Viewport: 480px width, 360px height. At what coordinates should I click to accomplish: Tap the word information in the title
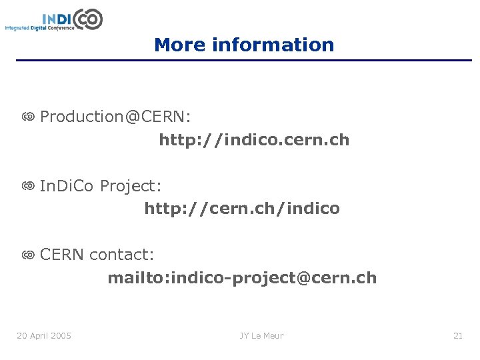pos(273,45)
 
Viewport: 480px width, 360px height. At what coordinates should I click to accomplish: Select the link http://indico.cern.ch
pos(254,140)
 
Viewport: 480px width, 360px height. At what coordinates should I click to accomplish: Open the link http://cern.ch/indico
pos(242,209)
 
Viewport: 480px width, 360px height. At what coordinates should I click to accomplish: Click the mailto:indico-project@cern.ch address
pos(242,277)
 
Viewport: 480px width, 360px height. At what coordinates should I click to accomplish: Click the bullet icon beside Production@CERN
pos(27,117)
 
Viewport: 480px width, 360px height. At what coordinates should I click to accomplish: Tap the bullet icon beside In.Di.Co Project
pos(27,186)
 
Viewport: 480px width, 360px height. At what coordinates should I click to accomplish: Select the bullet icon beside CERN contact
pos(27,255)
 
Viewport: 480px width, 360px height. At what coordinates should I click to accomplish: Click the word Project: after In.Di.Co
pos(131,186)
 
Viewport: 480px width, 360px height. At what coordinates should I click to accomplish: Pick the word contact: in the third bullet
pos(121,255)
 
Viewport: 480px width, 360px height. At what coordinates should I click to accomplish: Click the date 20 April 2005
pos(44,335)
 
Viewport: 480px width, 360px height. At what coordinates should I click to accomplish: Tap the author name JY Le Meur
pos(262,335)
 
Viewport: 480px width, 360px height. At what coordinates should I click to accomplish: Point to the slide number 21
pos(457,335)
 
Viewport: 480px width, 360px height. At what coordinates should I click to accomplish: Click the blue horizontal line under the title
pos(244,61)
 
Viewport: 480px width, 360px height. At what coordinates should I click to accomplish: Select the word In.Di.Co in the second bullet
pos(68,186)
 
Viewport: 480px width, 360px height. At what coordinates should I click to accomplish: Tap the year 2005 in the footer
pos(61,335)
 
